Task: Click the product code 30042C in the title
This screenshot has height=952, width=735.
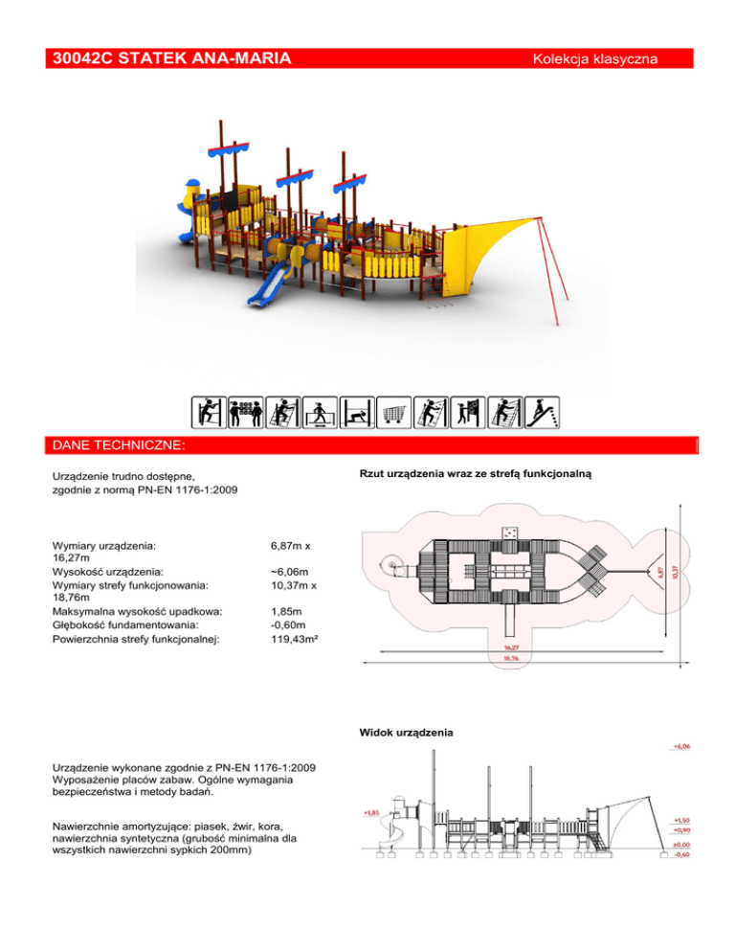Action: [x=85, y=60]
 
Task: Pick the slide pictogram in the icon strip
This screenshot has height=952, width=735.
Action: [x=544, y=412]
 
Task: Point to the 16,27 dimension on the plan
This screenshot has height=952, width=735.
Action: [x=518, y=647]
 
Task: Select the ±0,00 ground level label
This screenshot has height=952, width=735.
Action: [x=681, y=845]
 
